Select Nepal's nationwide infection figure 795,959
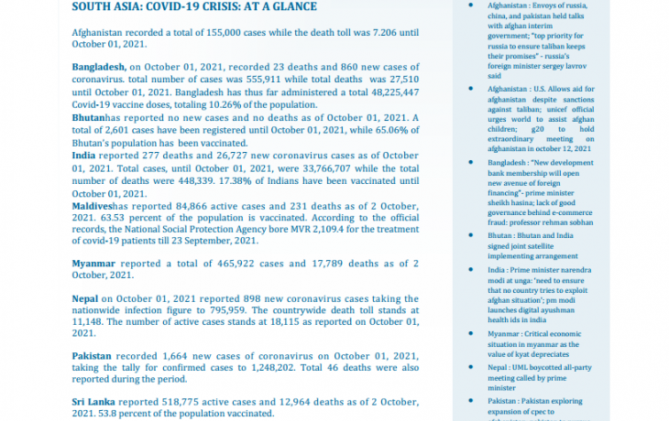coord(211,311)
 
